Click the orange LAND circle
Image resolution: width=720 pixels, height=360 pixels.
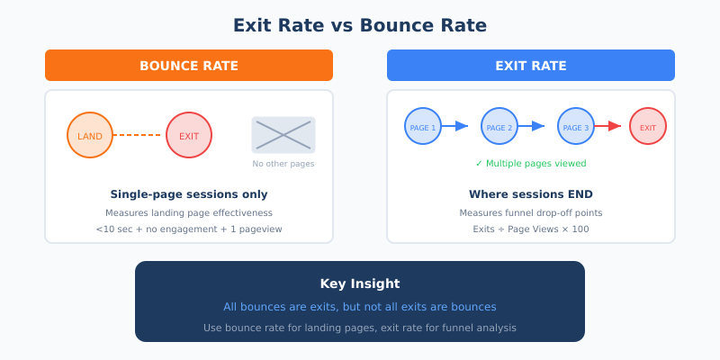point(90,135)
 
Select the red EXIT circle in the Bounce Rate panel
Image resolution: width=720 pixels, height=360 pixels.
point(189,135)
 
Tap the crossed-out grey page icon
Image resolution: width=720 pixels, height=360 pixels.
point(283,134)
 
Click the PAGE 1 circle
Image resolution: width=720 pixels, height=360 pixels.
point(423,127)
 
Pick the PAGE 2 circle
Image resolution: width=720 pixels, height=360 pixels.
point(499,127)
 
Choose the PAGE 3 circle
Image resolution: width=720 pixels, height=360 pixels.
point(576,127)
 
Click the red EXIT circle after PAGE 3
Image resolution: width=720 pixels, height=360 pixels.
point(648,127)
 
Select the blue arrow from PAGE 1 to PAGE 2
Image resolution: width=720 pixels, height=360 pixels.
point(455,126)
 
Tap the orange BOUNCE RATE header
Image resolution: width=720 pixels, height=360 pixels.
point(189,66)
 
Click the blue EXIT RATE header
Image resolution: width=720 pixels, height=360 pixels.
point(531,66)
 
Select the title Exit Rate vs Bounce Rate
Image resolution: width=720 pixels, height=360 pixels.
point(360,25)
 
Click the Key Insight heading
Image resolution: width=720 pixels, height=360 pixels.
point(360,283)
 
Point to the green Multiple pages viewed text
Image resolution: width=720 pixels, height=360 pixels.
point(531,164)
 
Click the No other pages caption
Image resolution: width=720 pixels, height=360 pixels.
point(283,164)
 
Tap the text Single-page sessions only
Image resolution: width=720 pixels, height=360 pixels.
point(189,194)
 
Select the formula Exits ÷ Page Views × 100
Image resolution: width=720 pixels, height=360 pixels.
point(531,229)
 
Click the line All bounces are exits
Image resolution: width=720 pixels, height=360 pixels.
point(360,307)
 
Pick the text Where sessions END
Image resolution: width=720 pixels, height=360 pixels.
point(531,194)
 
